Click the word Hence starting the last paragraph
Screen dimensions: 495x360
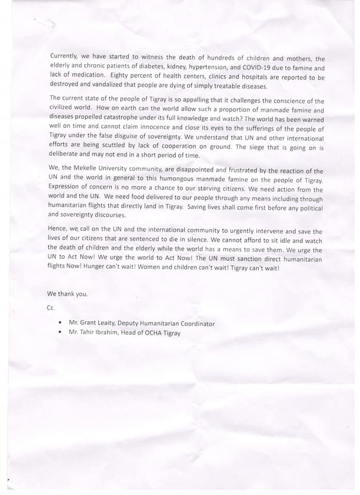(x=60, y=232)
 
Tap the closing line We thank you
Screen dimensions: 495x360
(x=68, y=294)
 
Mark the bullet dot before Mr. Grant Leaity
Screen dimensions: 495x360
(x=60, y=324)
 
